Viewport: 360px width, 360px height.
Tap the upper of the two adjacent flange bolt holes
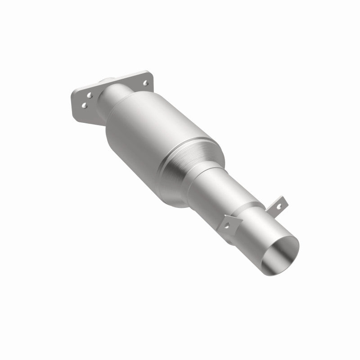coord(90,95)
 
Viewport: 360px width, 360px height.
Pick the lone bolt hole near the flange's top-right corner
coord(145,82)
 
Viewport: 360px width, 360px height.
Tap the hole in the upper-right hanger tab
coord(279,206)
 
